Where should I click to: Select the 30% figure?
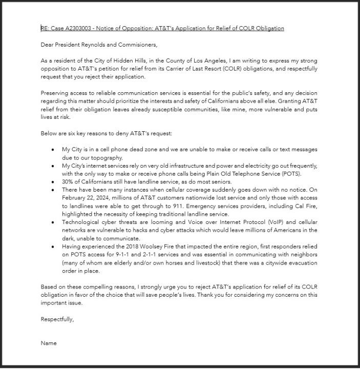click(x=68, y=181)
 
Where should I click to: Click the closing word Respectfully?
click(x=57, y=319)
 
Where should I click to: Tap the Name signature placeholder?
click(x=49, y=343)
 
